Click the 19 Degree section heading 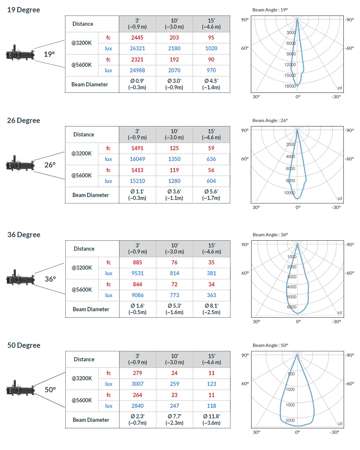pyautogui.click(x=23, y=10)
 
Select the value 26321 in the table pyautogui.click(x=137, y=48)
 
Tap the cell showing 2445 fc pyautogui.click(x=137, y=37)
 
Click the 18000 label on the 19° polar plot pyautogui.click(x=290, y=86)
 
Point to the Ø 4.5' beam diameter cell pyautogui.click(x=211, y=84)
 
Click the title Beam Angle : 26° pyautogui.click(x=270, y=120)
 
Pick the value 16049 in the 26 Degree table pyautogui.click(x=137, y=159)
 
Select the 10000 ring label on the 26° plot pyautogui.click(x=289, y=193)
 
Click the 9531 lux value pyautogui.click(x=138, y=273)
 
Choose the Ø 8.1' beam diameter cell pyautogui.click(x=211, y=309)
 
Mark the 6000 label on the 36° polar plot pyautogui.click(x=292, y=307)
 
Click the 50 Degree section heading pyautogui.click(x=24, y=345)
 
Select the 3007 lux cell pyautogui.click(x=138, y=384)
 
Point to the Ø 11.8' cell pyautogui.click(x=211, y=419)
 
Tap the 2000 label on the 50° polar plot pyautogui.click(x=290, y=420)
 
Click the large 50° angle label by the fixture pyautogui.click(x=50, y=390)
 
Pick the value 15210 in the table pyautogui.click(x=137, y=181)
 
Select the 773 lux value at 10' pyautogui.click(x=175, y=295)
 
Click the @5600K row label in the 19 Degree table pyautogui.click(x=82, y=65)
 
